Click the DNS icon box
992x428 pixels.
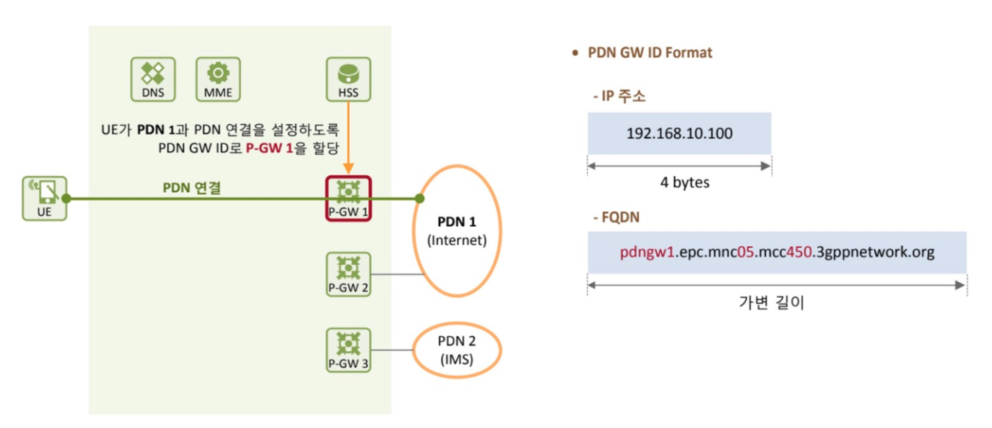(x=153, y=78)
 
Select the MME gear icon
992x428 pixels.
(x=218, y=78)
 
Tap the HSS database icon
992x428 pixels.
(x=348, y=78)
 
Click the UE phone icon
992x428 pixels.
(x=44, y=198)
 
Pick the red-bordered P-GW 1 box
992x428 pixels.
(x=349, y=198)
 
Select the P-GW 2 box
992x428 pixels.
(x=349, y=274)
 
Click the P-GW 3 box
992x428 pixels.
(x=349, y=350)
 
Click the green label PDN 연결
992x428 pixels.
(x=188, y=188)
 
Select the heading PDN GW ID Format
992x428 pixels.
(x=650, y=53)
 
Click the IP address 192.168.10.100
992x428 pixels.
(x=678, y=133)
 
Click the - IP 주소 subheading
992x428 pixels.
(x=618, y=96)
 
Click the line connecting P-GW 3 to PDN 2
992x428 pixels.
(x=392, y=350)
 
